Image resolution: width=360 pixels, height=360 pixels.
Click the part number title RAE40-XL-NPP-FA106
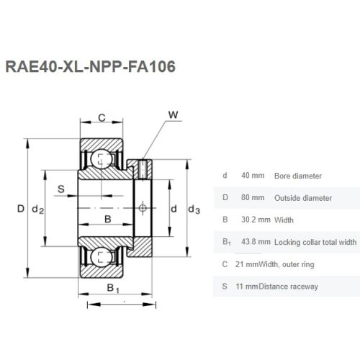click(x=90, y=66)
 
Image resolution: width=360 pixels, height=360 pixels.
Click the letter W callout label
click(x=173, y=114)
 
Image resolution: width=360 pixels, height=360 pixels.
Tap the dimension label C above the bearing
click(x=102, y=118)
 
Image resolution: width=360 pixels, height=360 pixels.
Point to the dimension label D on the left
click(x=21, y=209)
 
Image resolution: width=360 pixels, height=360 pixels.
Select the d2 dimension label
click(x=38, y=210)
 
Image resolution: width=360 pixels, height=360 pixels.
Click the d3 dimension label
click(x=194, y=210)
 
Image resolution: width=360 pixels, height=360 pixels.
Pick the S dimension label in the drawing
click(x=61, y=189)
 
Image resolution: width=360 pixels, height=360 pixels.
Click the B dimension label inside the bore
click(x=108, y=219)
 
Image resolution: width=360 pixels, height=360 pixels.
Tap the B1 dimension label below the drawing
click(x=113, y=288)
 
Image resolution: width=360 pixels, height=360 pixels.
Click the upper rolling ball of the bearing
click(x=101, y=158)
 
